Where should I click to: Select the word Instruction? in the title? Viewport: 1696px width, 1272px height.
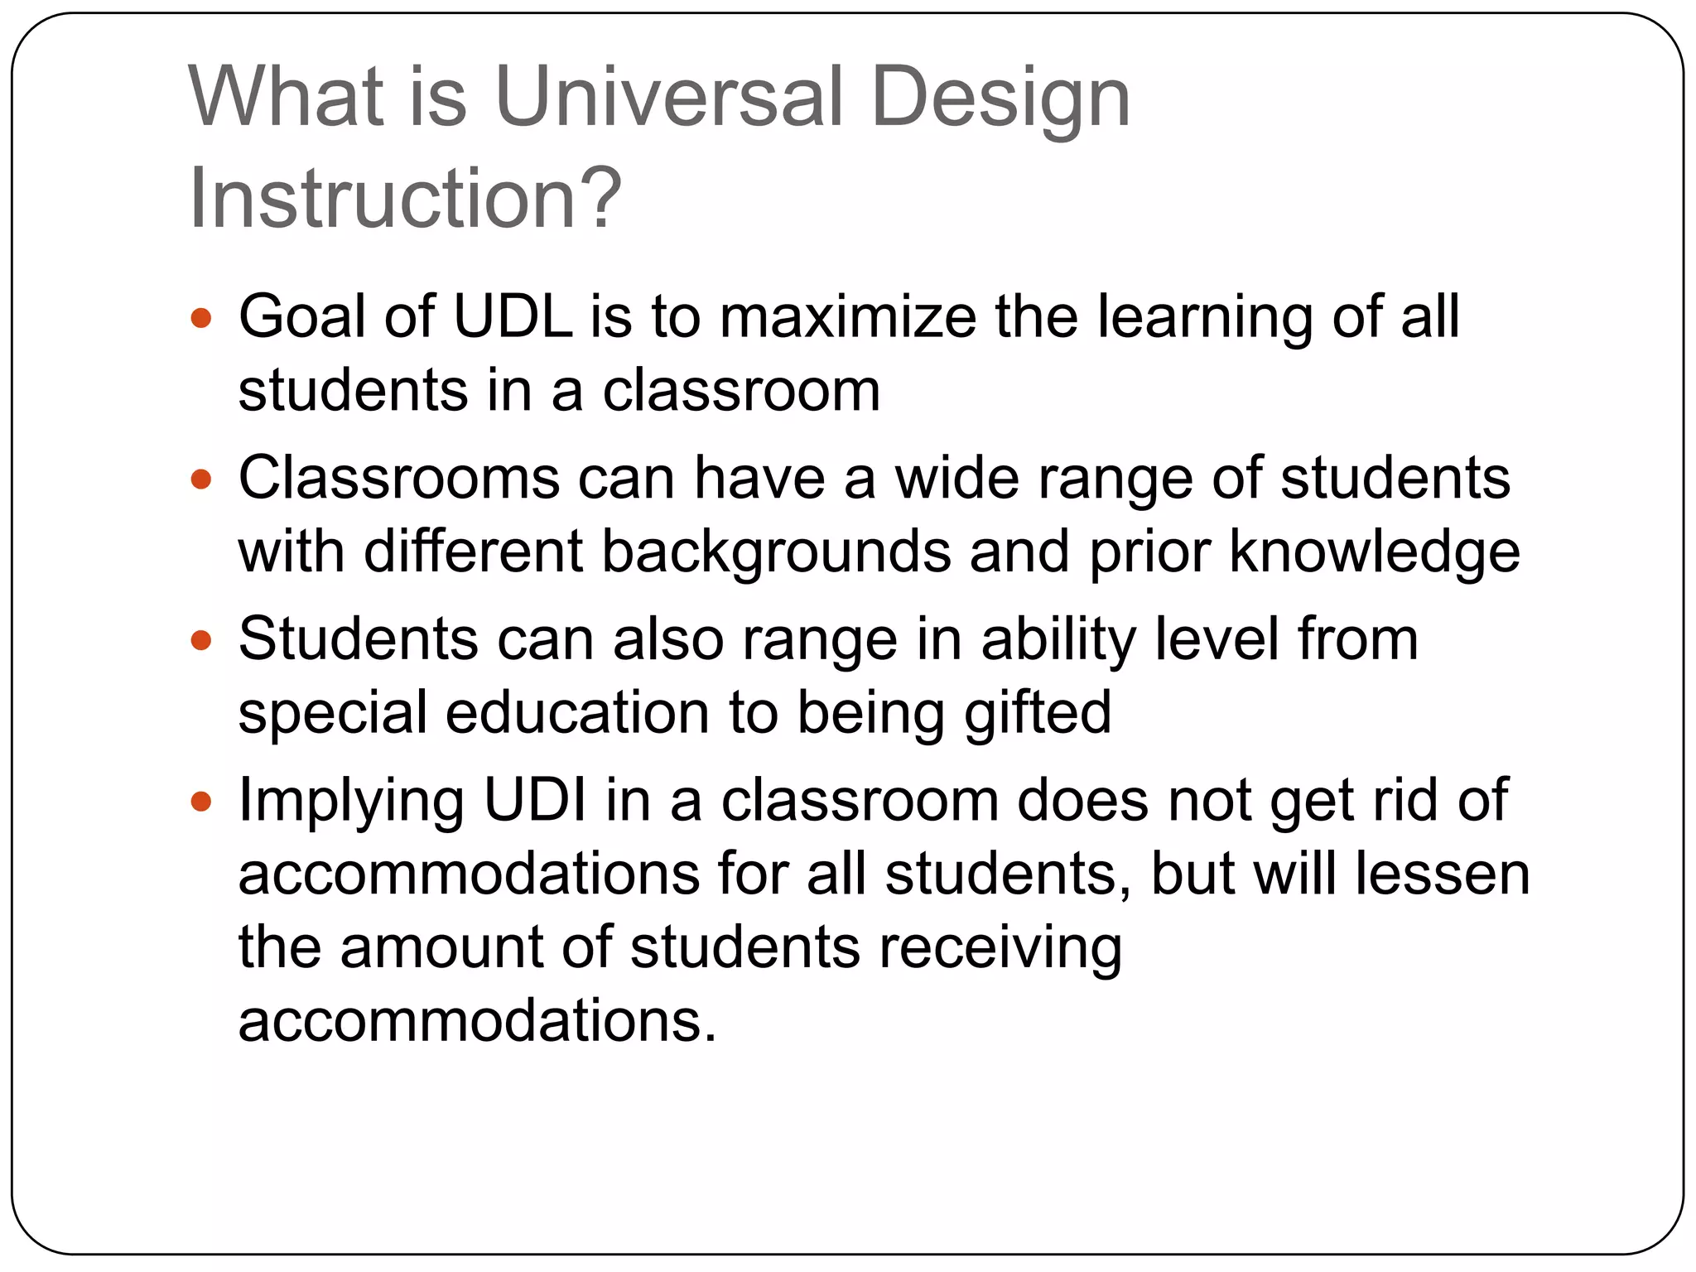click(x=405, y=200)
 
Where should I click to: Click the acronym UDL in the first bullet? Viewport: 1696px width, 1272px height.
click(x=513, y=317)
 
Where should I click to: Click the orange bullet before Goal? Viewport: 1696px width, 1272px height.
click(x=201, y=318)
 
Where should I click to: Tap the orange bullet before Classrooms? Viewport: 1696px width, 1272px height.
click(x=201, y=479)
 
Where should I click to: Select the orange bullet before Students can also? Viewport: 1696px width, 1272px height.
click(x=201, y=640)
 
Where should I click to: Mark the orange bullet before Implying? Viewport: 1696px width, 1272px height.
click(x=201, y=801)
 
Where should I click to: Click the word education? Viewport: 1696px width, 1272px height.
click(x=577, y=712)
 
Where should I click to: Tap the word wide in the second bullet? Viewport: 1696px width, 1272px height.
click(x=956, y=479)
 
